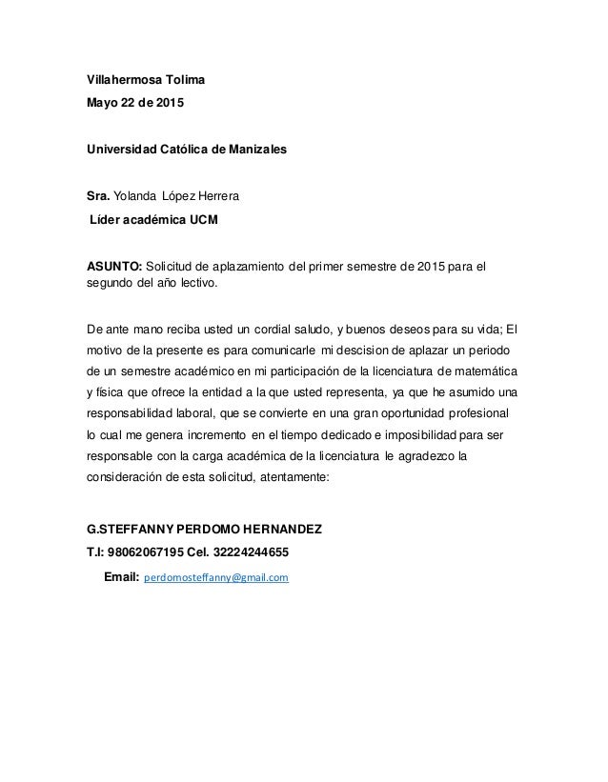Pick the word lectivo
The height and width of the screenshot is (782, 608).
194,283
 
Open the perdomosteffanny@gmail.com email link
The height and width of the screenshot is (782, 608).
215,577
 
